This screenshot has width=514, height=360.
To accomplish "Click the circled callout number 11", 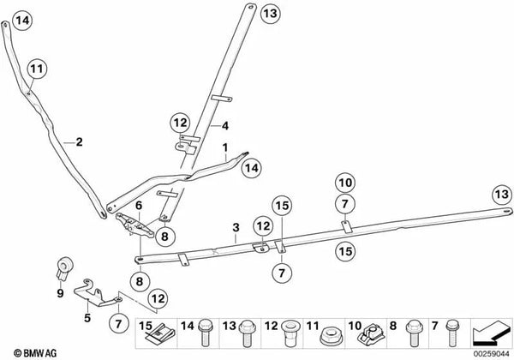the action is pos(37,69).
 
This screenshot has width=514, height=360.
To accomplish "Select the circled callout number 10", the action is pos(345,183).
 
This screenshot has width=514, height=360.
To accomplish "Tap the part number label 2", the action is pos(79,142).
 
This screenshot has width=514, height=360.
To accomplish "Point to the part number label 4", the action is pos(224,126).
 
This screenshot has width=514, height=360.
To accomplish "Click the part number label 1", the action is pos(225,148).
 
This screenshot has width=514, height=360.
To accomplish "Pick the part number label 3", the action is pos(236,227).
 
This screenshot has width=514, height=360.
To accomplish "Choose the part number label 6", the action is pos(139,206).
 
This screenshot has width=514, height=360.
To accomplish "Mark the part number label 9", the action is pos(60,293).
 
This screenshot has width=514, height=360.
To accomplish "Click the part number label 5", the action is pos(87,318).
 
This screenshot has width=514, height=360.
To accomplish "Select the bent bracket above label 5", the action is pos(97,294).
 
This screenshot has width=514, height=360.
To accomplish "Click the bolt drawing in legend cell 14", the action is pos(206,332).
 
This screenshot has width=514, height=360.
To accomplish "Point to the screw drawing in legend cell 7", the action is pos(453,333).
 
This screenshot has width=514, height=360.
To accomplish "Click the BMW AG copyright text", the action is pos(35,353).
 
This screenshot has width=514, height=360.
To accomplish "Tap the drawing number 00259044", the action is pos(491,354).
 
